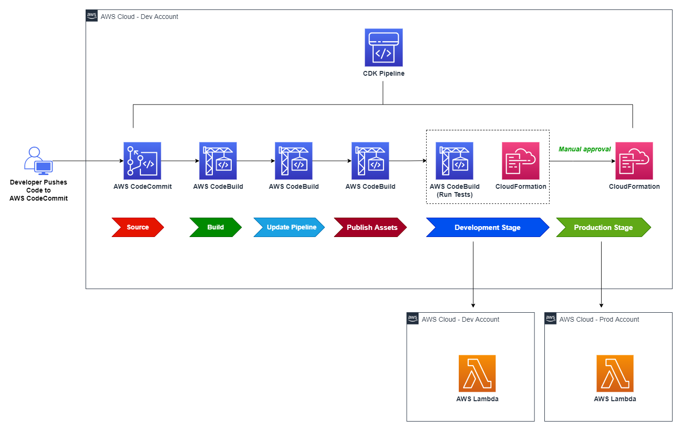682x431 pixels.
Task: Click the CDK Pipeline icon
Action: tap(384, 47)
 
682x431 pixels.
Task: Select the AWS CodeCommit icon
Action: tap(142, 161)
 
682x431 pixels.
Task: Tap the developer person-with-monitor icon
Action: tap(38, 161)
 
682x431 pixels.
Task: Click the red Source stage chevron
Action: tap(138, 227)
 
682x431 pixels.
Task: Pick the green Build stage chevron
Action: tap(215, 227)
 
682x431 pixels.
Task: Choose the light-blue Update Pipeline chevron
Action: tap(289, 227)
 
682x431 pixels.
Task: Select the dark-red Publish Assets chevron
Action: tap(370, 227)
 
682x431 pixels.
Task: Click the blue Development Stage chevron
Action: tap(487, 227)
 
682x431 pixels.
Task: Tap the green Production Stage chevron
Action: tap(603, 227)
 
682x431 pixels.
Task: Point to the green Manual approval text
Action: tap(585, 149)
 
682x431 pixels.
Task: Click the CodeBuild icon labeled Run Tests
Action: tap(455, 161)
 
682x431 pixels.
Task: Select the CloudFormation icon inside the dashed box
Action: tap(521, 161)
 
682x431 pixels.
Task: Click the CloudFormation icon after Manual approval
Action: tap(634, 161)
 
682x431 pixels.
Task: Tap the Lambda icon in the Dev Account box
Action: tap(477, 373)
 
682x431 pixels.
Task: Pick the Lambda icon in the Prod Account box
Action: tap(615, 373)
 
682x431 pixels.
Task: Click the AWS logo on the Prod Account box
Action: tap(551, 318)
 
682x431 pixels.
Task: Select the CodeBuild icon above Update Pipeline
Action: tap(294, 161)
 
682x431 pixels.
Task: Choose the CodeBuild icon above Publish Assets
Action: tap(370, 161)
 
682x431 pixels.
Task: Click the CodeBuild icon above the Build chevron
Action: tap(218, 161)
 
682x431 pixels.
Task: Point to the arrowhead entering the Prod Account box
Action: tap(601, 306)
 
